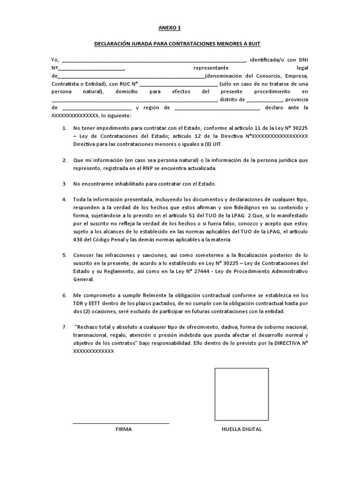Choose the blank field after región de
216,108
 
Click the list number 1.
64,127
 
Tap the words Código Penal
107,240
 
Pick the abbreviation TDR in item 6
78,304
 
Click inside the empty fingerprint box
241,395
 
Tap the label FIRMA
124,429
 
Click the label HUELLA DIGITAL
242,429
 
